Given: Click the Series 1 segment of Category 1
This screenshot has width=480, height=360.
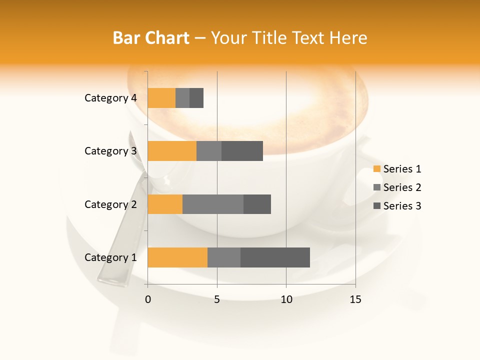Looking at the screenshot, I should pyautogui.click(x=177, y=257).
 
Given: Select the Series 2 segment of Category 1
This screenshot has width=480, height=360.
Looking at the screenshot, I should pyautogui.click(x=224, y=257).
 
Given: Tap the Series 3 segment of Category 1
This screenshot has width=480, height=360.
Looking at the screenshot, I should pyautogui.click(x=275, y=257).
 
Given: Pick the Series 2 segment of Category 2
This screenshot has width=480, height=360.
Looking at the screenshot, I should pyautogui.click(x=213, y=204).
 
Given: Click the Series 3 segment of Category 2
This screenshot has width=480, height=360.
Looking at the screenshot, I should pyautogui.click(x=257, y=204).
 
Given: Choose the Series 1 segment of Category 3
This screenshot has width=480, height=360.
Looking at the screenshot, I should pyautogui.click(x=172, y=151).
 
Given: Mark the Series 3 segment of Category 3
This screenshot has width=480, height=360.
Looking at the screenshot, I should pyautogui.click(x=242, y=151).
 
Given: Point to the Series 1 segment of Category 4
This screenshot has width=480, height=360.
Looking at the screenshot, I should pyautogui.click(x=161, y=98).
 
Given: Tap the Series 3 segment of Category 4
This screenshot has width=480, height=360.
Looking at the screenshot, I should pyautogui.click(x=196, y=98).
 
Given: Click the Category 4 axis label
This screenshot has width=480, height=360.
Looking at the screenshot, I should pyautogui.click(x=110, y=98).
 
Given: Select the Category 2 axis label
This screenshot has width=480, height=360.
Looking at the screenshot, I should pyautogui.click(x=110, y=204).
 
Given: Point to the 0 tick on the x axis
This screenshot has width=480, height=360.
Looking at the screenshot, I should pyautogui.click(x=148, y=299).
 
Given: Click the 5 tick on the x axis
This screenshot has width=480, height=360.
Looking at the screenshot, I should pyautogui.click(x=217, y=299).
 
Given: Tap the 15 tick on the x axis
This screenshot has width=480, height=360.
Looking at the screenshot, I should pyautogui.click(x=355, y=299).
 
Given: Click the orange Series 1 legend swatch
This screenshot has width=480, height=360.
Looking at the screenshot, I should pyautogui.click(x=376, y=169).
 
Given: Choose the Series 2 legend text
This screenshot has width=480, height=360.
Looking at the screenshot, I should pyautogui.click(x=402, y=187).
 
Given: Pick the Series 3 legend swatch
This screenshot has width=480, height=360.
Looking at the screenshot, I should pyautogui.click(x=376, y=206).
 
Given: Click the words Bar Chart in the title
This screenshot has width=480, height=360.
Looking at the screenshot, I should pyautogui.click(x=151, y=37).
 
